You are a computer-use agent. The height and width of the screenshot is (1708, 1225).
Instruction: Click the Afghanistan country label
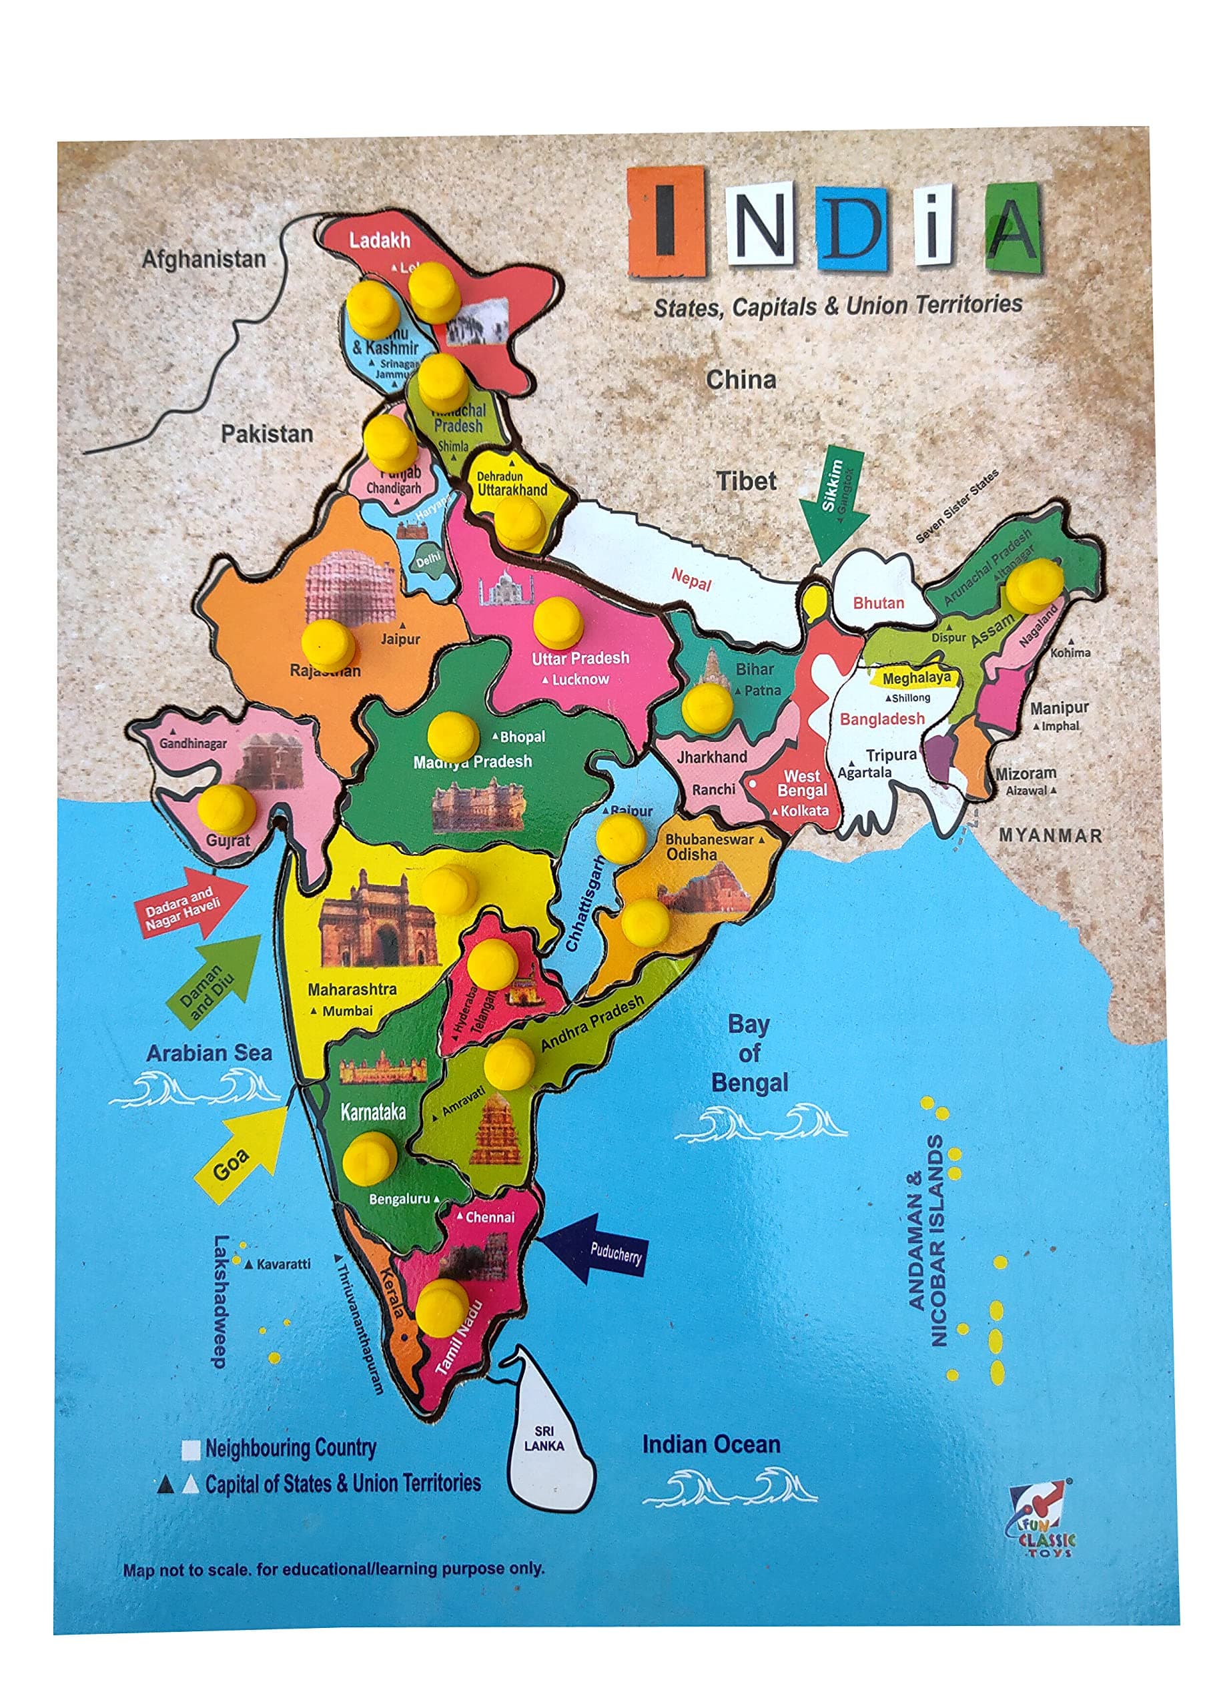point(204,259)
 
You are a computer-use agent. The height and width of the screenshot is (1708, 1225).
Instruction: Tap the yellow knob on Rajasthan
point(328,644)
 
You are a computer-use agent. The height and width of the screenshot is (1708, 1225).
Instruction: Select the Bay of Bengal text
point(749,1053)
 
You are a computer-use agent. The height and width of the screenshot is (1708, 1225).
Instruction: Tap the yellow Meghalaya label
point(915,678)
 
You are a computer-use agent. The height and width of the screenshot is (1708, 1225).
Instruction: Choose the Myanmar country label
point(1050,835)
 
